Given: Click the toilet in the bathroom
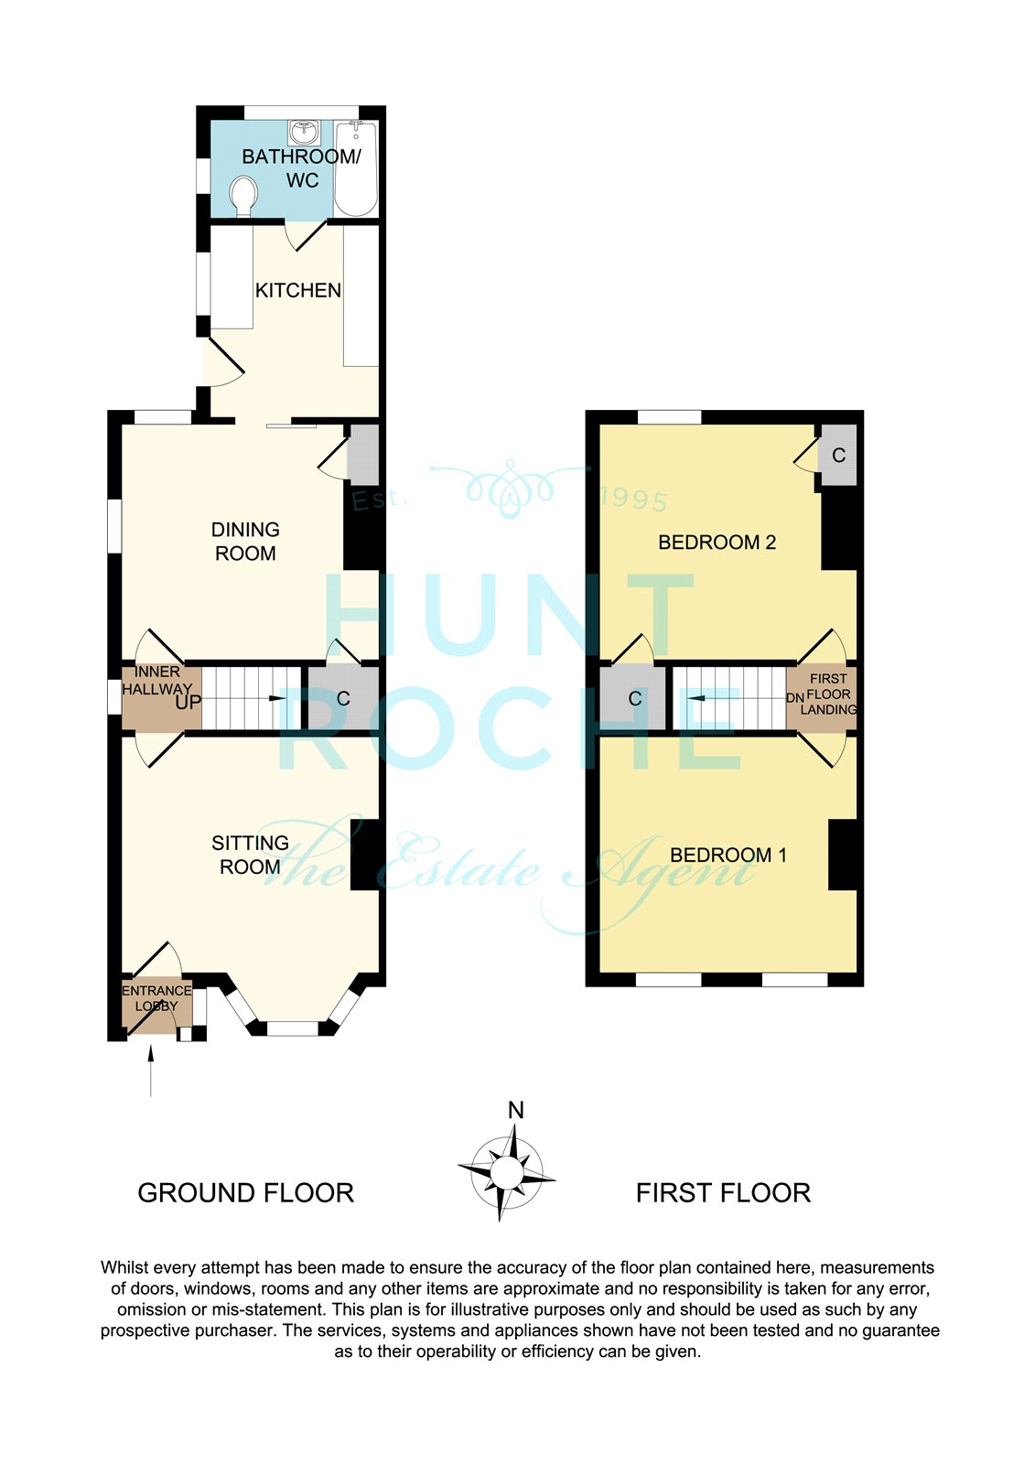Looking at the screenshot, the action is [x=243, y=196].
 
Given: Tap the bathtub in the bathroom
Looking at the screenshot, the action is [x=356, y=168].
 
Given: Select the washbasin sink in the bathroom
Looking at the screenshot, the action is [x=303, y=133].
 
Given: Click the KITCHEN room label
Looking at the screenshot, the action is [x=298, y=290].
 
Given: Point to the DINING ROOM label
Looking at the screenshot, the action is [x=245, y=541].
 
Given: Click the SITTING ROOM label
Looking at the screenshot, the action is [x=250, y=855].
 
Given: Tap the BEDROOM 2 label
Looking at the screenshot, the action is [x=717, y=542].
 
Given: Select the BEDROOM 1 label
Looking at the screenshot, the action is [x=728, y=855].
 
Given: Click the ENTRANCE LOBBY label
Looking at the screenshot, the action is [x=156, y=998].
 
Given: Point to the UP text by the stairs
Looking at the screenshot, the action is [x=188, y=703].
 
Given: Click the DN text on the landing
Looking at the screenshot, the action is [x=795, y=698].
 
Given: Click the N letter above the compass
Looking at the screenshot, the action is [x=516, y=1110].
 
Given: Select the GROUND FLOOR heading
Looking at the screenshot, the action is [x=246, y=1193].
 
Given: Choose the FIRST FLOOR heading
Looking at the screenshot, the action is [x=723, y=1193].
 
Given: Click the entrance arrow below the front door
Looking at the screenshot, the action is [x=151, y=1071].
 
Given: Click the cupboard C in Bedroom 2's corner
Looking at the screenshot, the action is [x=839, y=455].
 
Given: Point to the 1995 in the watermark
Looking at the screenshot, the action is [x=634, y=500].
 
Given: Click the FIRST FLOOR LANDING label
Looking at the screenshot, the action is [x=828, y=694].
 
